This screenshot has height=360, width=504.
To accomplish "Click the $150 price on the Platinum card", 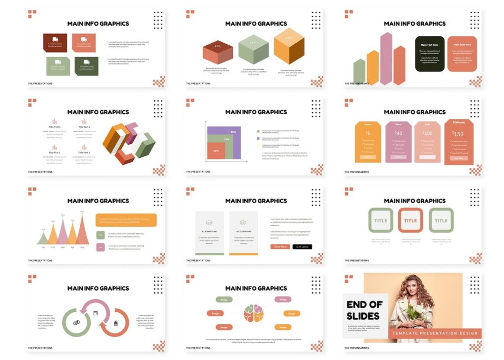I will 457,134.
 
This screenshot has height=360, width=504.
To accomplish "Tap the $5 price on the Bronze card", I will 368,133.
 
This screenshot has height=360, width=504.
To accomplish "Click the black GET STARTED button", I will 302,246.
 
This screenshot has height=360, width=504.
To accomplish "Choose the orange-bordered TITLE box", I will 410,220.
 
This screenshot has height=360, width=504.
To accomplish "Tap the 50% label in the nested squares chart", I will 216,150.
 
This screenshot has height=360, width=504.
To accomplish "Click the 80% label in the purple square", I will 233,132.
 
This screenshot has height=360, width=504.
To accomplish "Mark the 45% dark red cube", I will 218,52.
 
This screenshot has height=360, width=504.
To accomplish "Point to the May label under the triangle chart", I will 82,247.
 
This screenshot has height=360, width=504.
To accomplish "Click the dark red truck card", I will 55,43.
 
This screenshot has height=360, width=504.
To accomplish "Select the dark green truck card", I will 87,66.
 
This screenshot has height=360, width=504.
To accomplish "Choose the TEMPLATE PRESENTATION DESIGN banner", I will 435,333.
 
